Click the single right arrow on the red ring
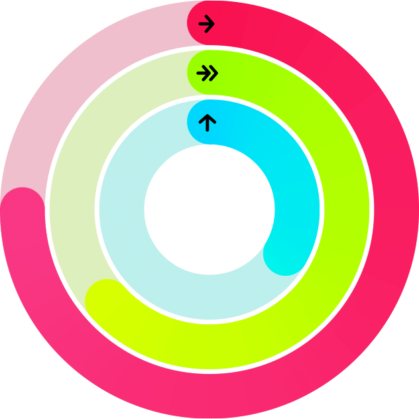207,25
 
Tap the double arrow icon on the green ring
208,73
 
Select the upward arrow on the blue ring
208,123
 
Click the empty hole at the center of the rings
209,209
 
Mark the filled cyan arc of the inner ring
292,172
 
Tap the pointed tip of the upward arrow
208,116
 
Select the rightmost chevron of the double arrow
213,73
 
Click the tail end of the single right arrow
200,25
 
